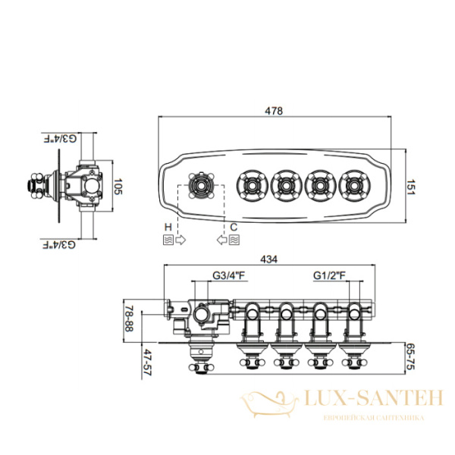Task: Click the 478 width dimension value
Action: coord(274,111)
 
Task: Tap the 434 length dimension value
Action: coord(270,259)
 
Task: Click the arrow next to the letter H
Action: coord(180,240)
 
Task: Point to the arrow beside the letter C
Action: coord(221,240)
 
